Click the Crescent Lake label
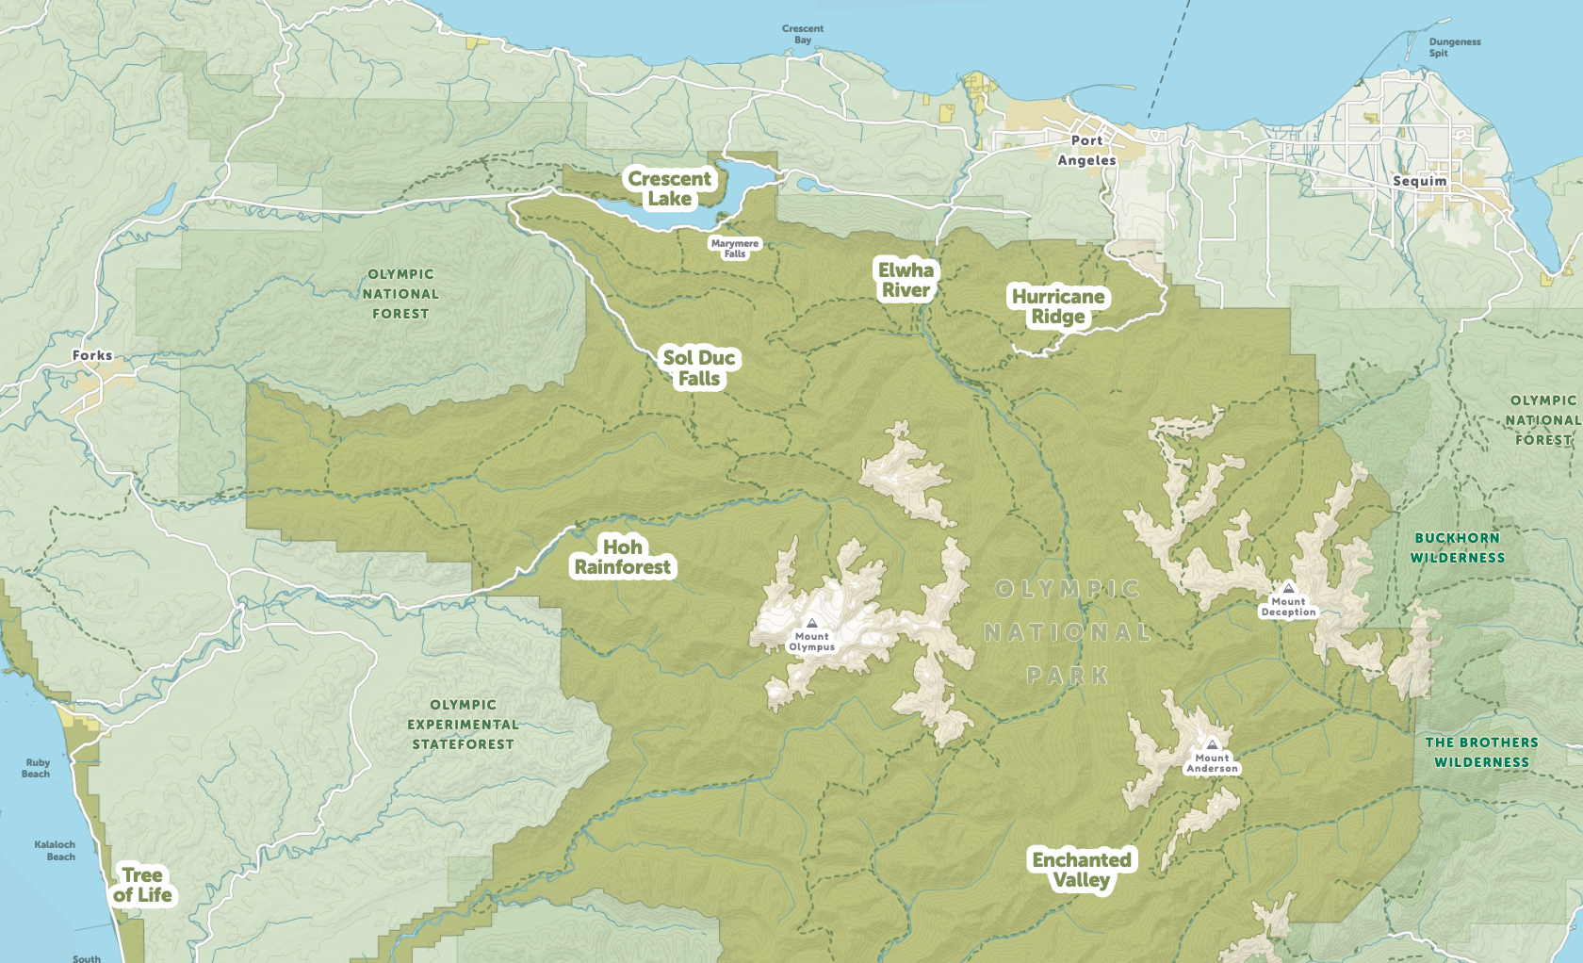(670, 188)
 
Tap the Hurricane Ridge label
(1058, 306)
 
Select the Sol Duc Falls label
(699, 368)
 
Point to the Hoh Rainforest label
(623, 557)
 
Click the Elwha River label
(906, 280)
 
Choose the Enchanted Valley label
(1082, 870)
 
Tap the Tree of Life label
(142, 885)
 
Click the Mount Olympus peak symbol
(812, 623)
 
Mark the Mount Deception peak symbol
(1288, 588)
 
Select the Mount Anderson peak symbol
(1212, 744)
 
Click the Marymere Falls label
(735, 249)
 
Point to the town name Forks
(92, 355)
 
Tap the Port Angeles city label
(1086, 150)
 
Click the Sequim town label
(1419, 181)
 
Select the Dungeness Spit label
(1454, 47)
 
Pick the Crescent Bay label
(803, 34)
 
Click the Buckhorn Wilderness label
(1457, 547)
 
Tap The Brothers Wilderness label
(1481, 752)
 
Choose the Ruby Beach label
(37, 768)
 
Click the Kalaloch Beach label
(55, 850)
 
